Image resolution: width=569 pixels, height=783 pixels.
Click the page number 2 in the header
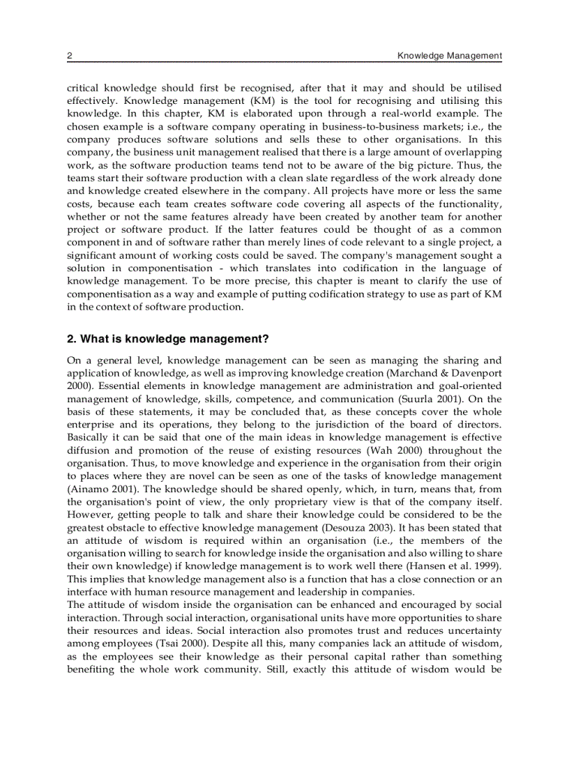click(x=69, y=56)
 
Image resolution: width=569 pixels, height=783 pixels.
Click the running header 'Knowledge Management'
click(x=449, y=56)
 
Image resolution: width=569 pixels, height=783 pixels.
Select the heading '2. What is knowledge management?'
click(x=167, y=340)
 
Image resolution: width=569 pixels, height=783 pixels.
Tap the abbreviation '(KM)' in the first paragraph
click(x=235, y=100)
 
